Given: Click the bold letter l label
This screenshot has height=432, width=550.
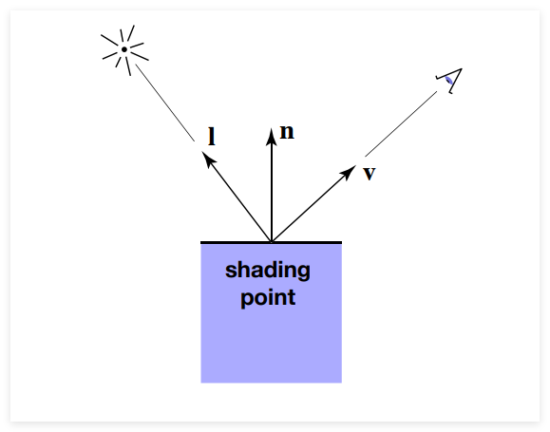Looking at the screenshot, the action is click(212, 137).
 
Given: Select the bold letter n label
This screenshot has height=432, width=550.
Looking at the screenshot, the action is click(287, 132).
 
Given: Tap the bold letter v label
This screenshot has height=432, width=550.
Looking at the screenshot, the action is click(370, 173).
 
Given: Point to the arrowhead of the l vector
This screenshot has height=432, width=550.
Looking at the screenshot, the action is click(208, 160).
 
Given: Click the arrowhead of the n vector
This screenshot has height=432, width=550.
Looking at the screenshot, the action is click(271, 137).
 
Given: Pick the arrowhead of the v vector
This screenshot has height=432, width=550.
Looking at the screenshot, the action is click(349, 172).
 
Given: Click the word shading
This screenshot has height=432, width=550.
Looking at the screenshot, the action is click(268, 271).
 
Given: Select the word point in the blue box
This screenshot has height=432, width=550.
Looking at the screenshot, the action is click(268, 298).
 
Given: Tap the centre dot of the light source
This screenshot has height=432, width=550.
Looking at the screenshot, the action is click(124, 49).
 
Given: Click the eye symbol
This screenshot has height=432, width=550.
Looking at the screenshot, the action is click(449, 81).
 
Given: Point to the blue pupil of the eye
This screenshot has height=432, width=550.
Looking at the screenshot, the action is click(448, 81).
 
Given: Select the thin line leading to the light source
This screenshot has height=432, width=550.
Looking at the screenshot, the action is click(165, 103).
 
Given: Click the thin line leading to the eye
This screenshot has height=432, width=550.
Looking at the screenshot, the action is click(401, 123).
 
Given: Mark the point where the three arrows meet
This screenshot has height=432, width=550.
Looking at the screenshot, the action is click(272, 241).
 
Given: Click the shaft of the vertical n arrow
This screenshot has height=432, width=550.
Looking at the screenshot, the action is click(272, 193).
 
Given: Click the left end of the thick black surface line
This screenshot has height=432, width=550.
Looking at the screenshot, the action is click(201, 242).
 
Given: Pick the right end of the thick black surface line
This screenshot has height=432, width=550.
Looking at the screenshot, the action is click(342, 242).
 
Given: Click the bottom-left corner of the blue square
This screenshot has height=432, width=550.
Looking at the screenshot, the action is click(201, 383).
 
